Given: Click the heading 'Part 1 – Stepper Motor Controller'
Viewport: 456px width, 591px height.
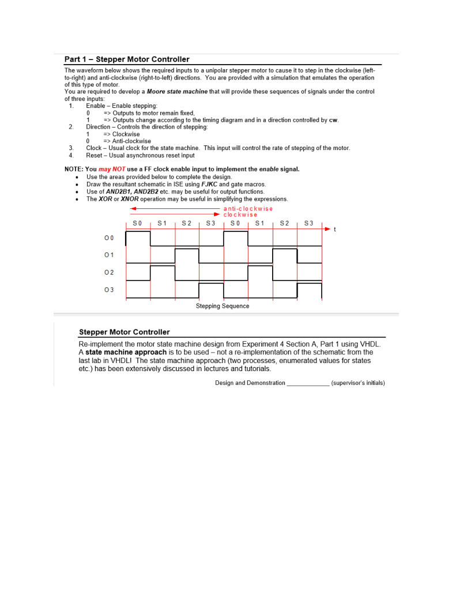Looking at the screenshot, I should (x=127, y=59).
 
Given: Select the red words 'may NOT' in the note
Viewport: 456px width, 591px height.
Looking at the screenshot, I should (x=112, y=169).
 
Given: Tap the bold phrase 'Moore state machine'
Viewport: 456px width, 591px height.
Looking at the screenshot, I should (x=178, y=92).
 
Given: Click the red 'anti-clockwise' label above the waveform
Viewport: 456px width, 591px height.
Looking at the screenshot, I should (x=248, y=208).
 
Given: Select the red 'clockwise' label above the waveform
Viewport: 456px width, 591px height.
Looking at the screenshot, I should (x=240, y=214).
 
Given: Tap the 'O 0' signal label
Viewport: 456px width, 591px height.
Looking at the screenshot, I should (x=109, y=238).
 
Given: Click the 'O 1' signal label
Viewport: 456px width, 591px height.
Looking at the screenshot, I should (x=109, y=255).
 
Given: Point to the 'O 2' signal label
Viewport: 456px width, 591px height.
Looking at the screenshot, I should (x=109, y=272).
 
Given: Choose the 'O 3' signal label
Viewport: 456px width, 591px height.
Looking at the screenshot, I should (x=109, y=290).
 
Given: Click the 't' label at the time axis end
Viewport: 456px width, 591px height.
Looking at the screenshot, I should (x=335, y=229).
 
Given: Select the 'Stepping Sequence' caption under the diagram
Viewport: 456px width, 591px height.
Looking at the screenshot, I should (x=223, y=306).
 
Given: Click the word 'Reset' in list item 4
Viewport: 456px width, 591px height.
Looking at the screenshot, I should (x=95, y=155).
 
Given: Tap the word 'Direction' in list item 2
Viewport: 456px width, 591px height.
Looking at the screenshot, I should (x=99, y=127).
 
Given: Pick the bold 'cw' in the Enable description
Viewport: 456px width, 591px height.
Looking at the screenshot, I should (x=333, y=120).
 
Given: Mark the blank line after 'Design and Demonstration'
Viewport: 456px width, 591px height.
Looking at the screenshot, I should (x=308, y=383).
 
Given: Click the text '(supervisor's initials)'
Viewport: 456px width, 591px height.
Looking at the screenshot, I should (x=358, y=383).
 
